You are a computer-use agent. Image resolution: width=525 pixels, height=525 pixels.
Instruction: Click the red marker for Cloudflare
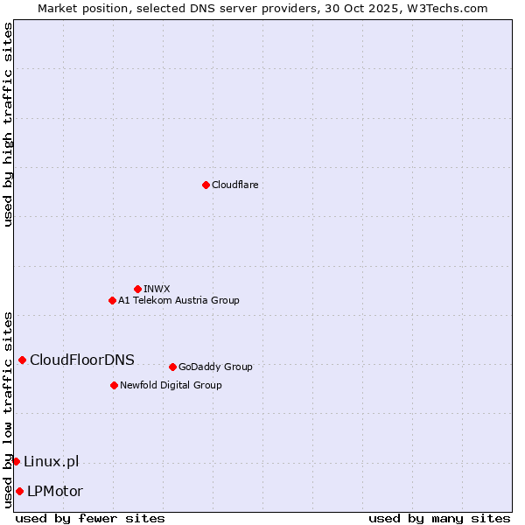tap(206, 185)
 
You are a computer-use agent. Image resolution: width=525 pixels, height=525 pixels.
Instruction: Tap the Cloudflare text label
tap(234, 185)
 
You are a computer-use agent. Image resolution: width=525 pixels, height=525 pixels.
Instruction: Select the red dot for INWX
tap(137, 289)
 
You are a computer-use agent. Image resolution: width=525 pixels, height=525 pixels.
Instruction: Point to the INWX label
tap(157, 289)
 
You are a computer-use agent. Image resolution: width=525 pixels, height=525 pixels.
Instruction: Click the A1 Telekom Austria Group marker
tap(112, 300)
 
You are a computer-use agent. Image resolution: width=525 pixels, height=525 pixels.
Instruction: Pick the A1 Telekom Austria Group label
tap(178, 300)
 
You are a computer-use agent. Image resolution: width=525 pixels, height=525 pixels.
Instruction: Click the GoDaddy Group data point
tap(172, 367)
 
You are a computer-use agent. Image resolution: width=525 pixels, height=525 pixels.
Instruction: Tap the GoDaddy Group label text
tap(215, 367)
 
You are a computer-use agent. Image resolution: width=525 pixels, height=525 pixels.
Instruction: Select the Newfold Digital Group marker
tap(114, 385)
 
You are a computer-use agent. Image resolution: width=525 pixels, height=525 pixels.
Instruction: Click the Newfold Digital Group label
tap(171, 385)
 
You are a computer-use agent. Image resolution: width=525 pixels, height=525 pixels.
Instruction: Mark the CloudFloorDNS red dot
tap(22, 360)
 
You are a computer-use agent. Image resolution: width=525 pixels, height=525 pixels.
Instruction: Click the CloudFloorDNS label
tap(82, 360)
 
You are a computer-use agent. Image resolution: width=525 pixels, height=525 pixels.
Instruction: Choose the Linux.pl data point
tap(16, 461)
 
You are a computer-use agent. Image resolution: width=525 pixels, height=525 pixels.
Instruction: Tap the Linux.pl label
tap(51, 461)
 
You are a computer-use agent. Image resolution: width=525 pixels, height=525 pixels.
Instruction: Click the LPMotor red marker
tap(19, 491)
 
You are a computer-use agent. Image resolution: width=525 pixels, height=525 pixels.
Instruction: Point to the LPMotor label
tap(55, 491)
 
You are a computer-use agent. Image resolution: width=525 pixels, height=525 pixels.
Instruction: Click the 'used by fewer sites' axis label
tap(90, 518)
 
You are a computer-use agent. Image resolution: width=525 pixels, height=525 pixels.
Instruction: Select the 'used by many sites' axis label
tap(439, 518)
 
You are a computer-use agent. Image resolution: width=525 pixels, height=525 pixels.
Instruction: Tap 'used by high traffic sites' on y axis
tap(8, 124)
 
